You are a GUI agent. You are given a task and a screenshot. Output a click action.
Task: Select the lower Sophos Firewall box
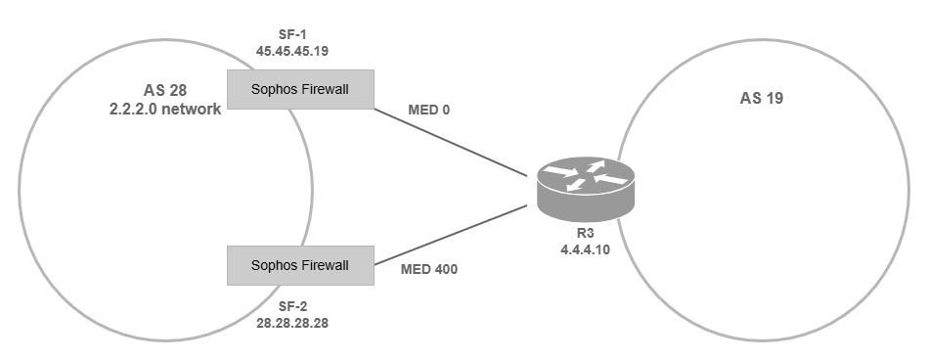click(300, 265)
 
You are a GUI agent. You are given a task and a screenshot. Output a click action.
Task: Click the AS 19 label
click(763, 99)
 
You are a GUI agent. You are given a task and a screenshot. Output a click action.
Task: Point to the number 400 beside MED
click(443, 268)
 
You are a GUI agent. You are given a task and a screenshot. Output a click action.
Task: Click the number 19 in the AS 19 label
click(776, 99)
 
